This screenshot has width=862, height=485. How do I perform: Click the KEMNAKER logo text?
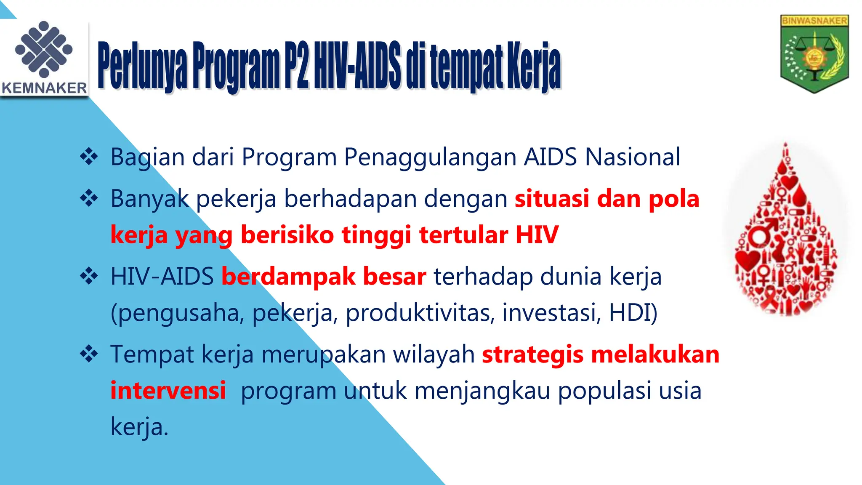click(44, 88)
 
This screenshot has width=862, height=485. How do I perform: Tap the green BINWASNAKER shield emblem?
click(814, 54)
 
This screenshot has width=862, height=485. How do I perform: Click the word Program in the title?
click(236, 67)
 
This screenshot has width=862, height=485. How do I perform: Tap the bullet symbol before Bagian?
click(89, 157)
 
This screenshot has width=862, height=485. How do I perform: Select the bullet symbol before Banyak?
click(89, 198)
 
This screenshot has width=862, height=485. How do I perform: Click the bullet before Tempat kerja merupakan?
click(89, 354)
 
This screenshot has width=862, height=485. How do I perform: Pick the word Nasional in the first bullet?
click(633, 157)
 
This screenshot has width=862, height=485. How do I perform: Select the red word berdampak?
click(288, 277)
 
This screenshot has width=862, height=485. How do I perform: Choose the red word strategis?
click(533, 354)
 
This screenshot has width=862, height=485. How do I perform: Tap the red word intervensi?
click(168, 390)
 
